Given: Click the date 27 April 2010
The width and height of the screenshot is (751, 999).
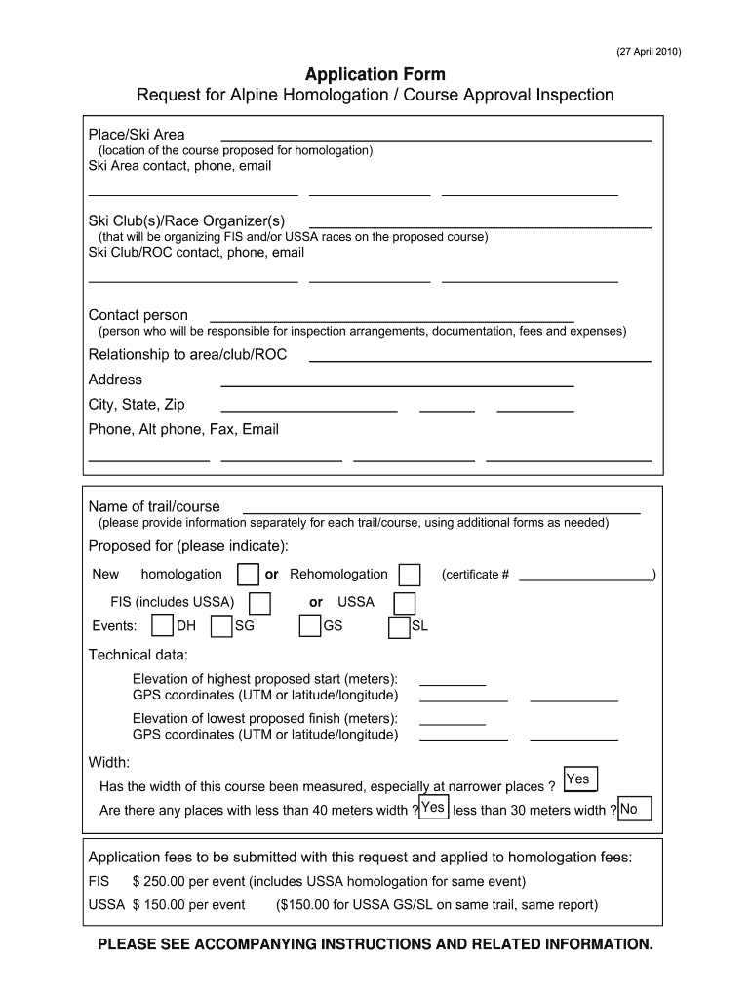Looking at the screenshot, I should click(649, 52).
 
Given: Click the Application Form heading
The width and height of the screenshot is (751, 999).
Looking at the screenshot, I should click(375, 74).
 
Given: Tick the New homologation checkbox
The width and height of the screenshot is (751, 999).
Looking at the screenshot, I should click(249, 575).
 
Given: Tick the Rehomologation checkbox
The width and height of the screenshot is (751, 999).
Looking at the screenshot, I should click(411, 575).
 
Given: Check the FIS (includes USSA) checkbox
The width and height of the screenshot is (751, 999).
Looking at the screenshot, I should click(259, 603).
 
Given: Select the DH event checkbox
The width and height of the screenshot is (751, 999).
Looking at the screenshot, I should click(163, 626).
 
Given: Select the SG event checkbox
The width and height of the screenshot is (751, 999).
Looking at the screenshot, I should click(221, 626).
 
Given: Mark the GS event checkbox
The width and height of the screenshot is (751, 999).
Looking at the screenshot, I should click(310, 626).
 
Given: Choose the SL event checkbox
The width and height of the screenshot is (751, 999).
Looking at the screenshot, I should click(399, 627).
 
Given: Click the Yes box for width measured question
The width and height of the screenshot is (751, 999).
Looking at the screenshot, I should click(579, 779).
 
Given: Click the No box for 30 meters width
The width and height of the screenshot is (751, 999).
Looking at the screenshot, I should click(634, 809).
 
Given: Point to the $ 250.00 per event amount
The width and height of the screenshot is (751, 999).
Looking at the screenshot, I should click(188, 881).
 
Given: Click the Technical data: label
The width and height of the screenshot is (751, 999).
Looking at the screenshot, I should click(138, 655).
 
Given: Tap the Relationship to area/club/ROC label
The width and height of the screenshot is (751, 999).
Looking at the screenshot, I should click(188, 355).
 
